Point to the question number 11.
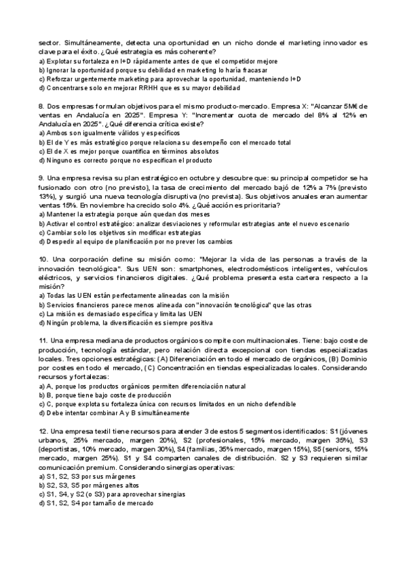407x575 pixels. point(43,339)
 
